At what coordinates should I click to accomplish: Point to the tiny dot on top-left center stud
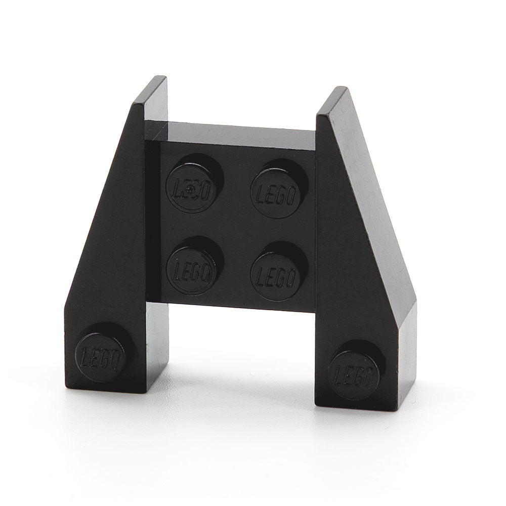189,189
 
